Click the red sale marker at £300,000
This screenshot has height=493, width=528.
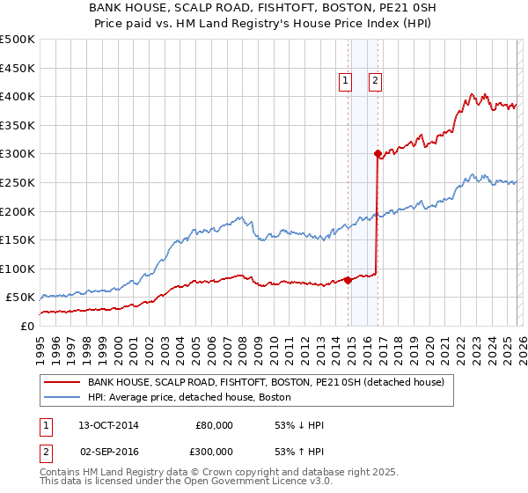tap(378, 153)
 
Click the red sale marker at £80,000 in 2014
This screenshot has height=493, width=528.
tap(348, 280)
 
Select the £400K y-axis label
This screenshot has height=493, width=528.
tap(18, 96)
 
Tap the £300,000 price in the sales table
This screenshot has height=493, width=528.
tap(213, 450)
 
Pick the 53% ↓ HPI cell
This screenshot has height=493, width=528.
tap(299, 425)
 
